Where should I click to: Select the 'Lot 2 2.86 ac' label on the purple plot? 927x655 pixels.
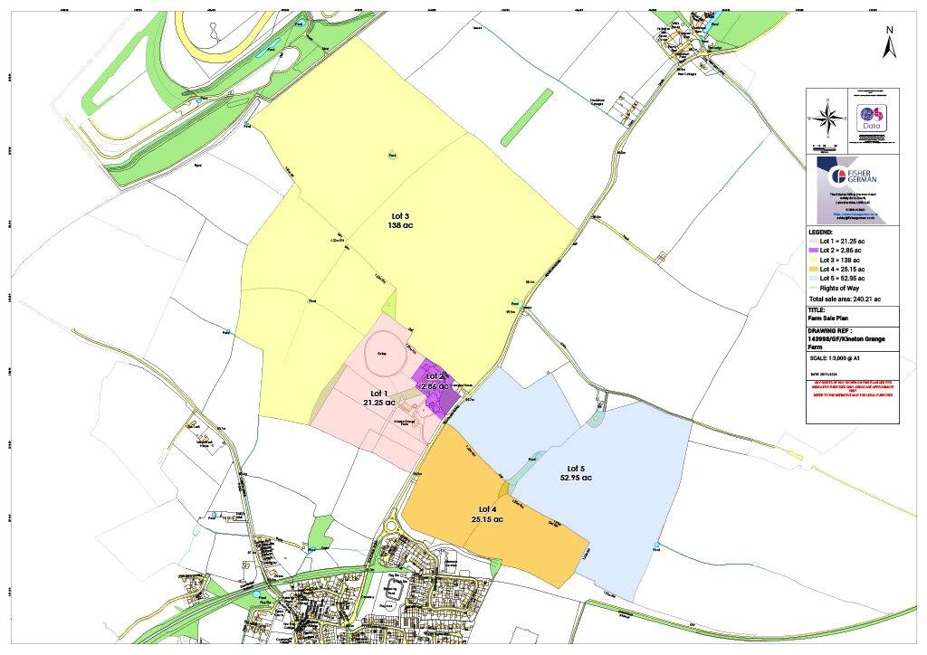tap(435, 381)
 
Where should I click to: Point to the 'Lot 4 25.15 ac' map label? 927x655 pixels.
tap(487, 514)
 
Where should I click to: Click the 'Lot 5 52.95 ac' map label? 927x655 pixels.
tap(574, 472)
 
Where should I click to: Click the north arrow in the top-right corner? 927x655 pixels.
tap(889, 43)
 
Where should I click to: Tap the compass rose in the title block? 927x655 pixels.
tap(827, 119)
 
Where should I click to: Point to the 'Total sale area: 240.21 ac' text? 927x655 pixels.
tap(845, 299)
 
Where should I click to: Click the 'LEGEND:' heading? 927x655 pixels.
tap(821, 232)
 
